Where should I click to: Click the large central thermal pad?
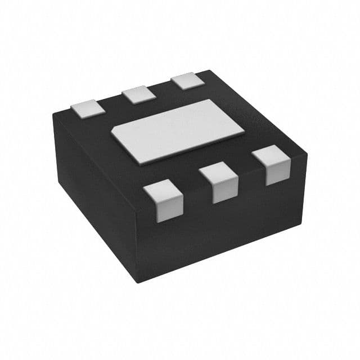pos(178,132)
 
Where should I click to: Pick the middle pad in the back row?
pos(139,94)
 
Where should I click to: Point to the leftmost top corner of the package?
pos(54,115)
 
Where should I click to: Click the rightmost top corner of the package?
pos(307,151)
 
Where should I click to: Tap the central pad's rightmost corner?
pos(244,134)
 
